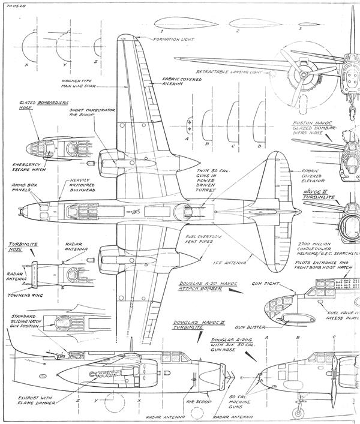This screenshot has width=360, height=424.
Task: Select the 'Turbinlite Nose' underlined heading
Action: pos(20,248)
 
